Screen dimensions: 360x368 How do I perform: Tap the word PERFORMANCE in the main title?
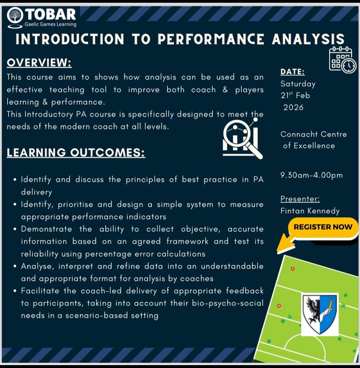pos(211,39)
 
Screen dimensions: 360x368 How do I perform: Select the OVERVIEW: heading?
pos(39,63)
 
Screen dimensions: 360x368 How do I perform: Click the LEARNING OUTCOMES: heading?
pos(76,153)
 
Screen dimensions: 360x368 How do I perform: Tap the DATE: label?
pos(293,72)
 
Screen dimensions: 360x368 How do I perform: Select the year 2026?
pos(294,107)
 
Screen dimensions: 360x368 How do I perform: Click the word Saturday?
pos(298,84)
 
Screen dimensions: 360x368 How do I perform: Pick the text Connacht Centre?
pos(314,134)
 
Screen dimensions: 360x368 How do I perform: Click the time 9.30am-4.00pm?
pos(312,175)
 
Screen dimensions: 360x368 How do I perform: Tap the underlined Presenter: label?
pos(300,199)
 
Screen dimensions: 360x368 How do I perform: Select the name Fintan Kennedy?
pos(310,211)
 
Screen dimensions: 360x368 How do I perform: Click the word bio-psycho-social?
pos(228,303)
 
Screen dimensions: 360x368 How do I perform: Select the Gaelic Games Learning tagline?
pos(50,24)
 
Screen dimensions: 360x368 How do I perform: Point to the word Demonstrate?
pos(46,229)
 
